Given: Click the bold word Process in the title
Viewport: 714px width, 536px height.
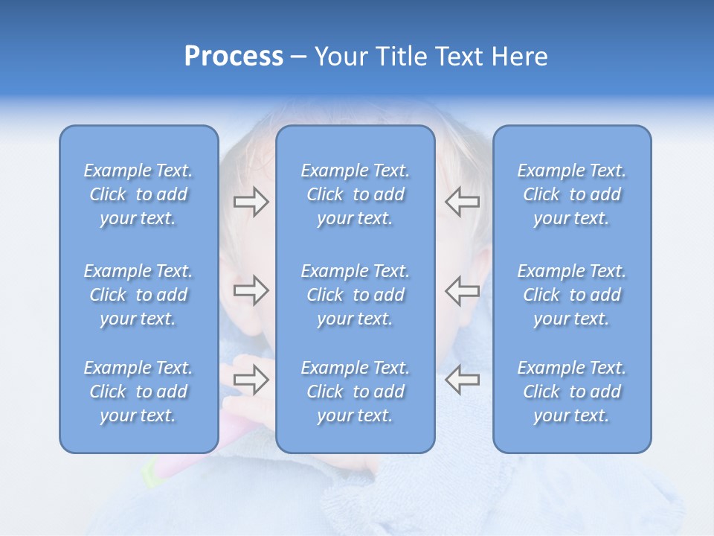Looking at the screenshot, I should (234, 57).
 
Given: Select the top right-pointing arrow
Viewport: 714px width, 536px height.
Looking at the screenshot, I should (251, 202).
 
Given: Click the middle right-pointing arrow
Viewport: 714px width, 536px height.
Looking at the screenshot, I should (251, 290).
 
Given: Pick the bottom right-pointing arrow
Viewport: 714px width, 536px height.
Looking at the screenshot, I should (251, 380).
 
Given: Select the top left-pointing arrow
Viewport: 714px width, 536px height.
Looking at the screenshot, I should (463, 202).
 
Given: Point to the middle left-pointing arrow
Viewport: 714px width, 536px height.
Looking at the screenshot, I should (463, 290).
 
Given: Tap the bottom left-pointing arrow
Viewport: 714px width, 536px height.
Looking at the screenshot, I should (463, 380).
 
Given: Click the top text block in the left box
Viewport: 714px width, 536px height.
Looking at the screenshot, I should (138, 194).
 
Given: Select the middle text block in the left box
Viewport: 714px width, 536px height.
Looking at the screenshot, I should (138, 295).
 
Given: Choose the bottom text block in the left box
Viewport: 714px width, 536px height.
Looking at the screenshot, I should (138, 392).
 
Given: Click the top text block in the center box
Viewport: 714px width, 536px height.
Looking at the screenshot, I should (355, 194).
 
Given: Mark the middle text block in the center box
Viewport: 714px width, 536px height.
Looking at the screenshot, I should (355, 295).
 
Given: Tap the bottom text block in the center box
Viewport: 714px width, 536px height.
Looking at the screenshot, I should (355, 392).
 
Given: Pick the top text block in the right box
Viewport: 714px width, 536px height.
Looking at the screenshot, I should (571, 194).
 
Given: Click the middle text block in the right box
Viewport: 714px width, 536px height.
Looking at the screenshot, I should (571, 295).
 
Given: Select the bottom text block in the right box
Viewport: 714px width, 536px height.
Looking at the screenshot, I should (571, 392).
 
